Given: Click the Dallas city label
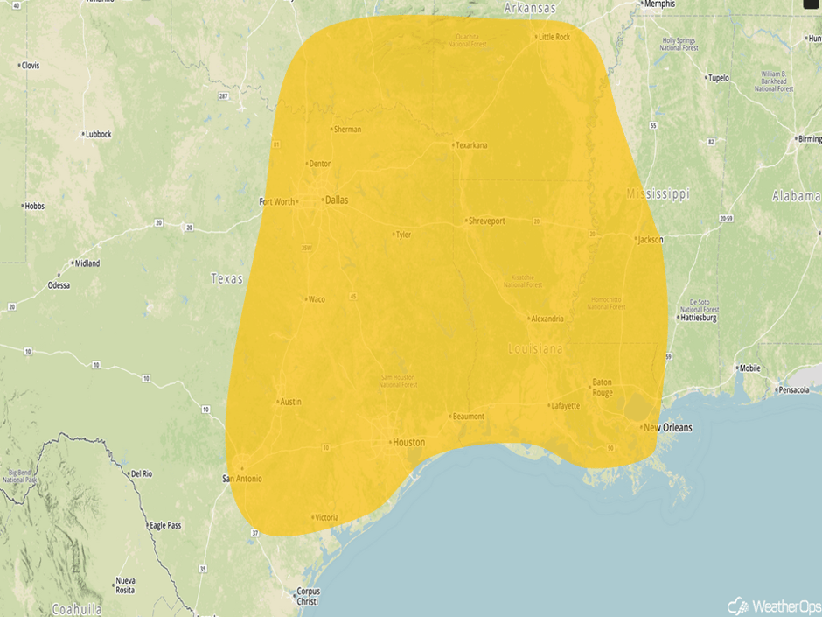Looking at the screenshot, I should pyautogui.click(x=336, y=200).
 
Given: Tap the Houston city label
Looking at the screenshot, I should pyautogui.click(x=408, y=442).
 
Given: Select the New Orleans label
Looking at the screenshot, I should pyautogui.click(x=667, y=427).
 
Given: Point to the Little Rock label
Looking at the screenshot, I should pyautogui.click(x=554, y=37).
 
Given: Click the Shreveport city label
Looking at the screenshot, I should pyautogui.click(x=487, y=221).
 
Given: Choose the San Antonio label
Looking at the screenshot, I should pyautogui.click(x=242, y=478).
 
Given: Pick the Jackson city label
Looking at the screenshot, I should pyautogui.click(x=651, y=238).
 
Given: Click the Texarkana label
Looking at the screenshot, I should pyautogui.click(x=471, y=145).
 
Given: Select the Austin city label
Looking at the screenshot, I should pyautogui.click(x=290, y=402).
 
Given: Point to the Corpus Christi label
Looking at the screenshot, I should pyautogui.click(x=308, y=596).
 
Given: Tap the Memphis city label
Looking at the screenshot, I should pyautogui.click(x=659, y=4).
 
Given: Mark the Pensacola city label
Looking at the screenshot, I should pyautogui.click(x=794, y=389).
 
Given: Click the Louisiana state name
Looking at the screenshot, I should pyautogui.click(x=536, y=348).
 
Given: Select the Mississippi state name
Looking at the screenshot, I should pyautogui.click(x=658, y=193).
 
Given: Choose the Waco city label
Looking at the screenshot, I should pyautogui.click(x=316, y=299).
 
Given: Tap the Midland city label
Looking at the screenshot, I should pyautogui.click(x=87, y=263).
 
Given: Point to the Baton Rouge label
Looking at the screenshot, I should pyautogui.click(x=603, y=387).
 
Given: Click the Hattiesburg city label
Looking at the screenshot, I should pyautogui.click(x=698, y=318).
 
